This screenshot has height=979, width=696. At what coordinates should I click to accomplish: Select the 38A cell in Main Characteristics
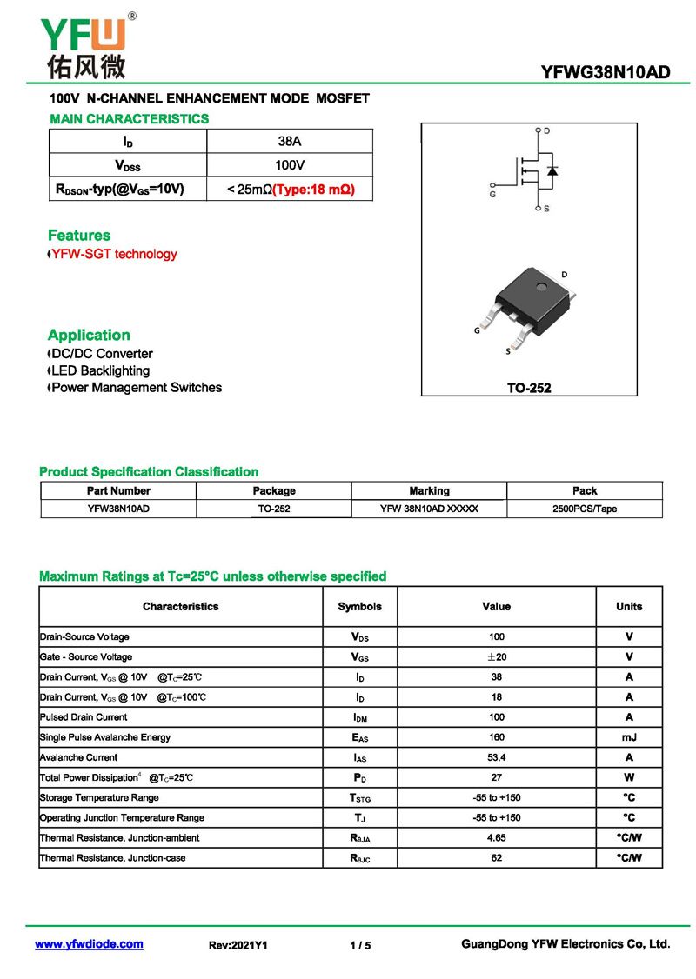coord(290,141)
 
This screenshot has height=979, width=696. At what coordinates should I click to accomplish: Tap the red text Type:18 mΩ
coord(314,189)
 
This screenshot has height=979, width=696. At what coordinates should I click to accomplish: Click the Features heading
coord(79,236)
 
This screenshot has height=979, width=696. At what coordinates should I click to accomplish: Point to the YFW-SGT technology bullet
coord(113,254)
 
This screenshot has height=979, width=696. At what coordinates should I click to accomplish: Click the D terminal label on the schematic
coord(547,130)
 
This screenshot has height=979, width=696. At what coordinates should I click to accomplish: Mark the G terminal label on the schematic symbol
coord(492,195)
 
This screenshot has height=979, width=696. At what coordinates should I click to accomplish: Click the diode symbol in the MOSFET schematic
coord(552,170)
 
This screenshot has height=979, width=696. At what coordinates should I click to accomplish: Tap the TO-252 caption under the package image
coord(529,388)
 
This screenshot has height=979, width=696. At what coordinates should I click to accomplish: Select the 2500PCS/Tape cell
coord(585,509)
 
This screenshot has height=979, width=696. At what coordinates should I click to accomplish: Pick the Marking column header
coord(430,490)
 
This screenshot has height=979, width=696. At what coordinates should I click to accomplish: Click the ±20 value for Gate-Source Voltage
coord(496,656)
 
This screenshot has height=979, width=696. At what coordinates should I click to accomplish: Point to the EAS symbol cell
coord(359,738)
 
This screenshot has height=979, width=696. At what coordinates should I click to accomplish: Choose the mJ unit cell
coord(629,737)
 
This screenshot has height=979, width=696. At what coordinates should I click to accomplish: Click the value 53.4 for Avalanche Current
coord(496,757)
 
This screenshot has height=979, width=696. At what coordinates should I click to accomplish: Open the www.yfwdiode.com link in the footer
coord(89,944)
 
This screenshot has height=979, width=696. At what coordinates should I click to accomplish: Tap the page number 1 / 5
coord(360,945)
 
